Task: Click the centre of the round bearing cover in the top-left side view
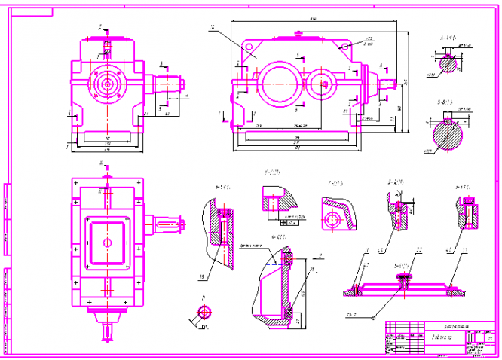(106, 84)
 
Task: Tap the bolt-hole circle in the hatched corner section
(332, 221)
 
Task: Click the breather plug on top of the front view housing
(299, 32)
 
